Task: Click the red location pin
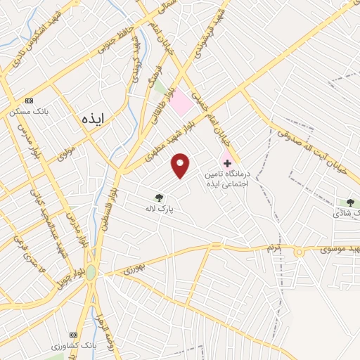(181, 165)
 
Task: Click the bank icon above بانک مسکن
(28, 101)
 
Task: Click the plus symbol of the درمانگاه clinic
(226, 162)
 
